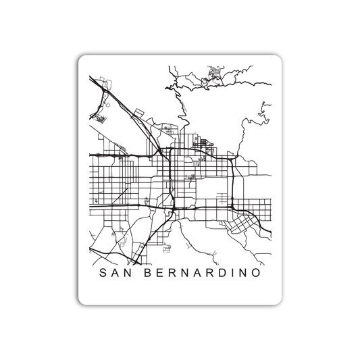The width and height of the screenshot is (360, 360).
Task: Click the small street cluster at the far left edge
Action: click(x=101, y=118)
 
